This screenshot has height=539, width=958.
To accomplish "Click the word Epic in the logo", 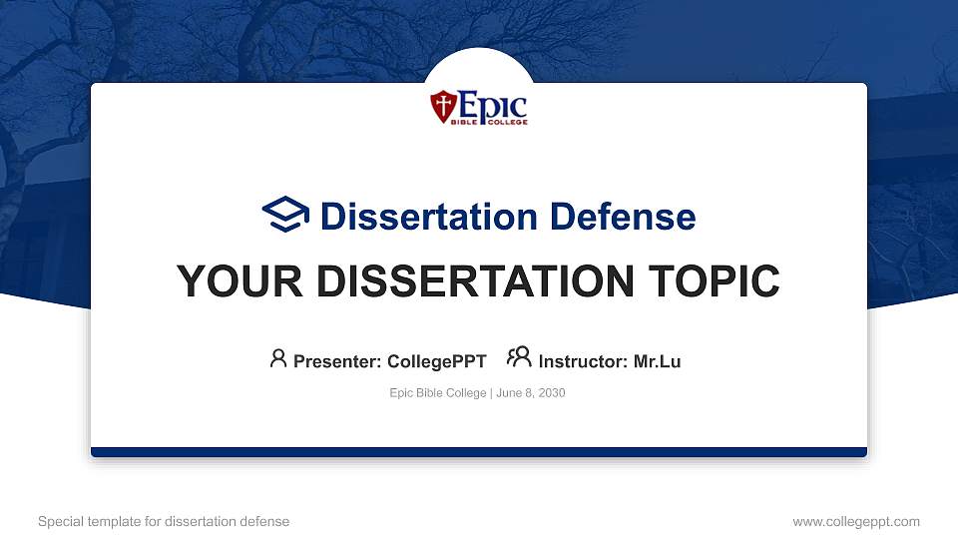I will click(x=491, y=103).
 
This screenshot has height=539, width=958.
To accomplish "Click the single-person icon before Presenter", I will click(x=278, y=359).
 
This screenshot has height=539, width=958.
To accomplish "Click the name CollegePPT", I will click(x=436, y=361).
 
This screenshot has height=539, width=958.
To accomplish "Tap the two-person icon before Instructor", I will click(x=519, y=358).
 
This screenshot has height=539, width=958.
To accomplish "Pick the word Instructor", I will click(x=582, y=361).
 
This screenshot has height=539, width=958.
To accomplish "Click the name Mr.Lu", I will click(x=657, y=361).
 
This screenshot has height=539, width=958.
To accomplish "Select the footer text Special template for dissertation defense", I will click(x=163, y=521).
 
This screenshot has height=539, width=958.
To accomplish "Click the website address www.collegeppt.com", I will click(x=855, y=521).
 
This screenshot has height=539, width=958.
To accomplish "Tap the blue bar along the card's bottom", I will click(x=479, y=452).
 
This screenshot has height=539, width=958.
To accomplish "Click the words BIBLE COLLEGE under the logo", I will click(x=492, y=122).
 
